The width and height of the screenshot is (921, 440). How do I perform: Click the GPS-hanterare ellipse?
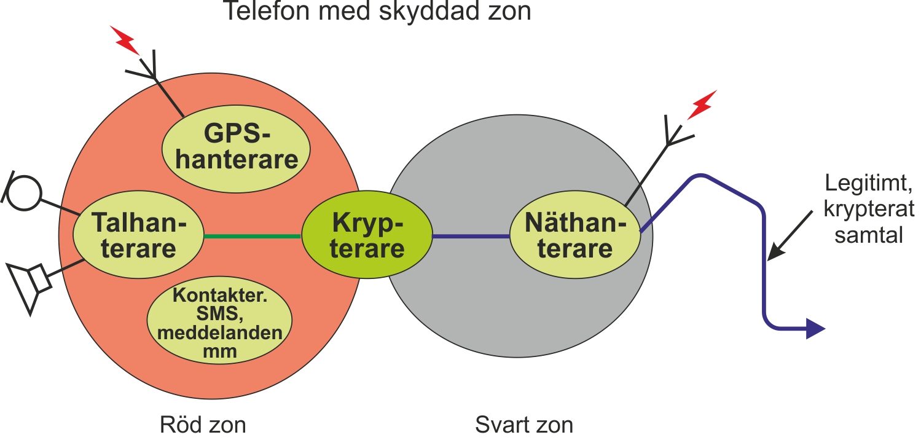236,149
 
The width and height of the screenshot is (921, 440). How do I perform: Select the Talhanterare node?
138,235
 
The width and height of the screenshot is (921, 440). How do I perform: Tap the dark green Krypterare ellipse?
367,235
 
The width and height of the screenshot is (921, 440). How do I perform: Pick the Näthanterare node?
575,235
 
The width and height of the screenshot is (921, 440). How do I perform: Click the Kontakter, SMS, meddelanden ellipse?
219,320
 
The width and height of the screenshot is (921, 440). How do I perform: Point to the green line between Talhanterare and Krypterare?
253,237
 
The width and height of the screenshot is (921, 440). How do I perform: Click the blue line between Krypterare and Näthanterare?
471,237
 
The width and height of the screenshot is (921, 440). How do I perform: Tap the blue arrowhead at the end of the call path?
815,329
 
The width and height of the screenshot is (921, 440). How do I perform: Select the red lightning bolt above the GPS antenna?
125,40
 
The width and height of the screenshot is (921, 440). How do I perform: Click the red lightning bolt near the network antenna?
702,104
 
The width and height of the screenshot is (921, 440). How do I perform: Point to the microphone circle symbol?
25,193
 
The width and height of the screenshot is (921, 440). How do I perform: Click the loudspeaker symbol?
29,287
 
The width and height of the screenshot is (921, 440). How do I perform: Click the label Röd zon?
203,425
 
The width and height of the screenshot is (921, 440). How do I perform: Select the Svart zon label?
524,425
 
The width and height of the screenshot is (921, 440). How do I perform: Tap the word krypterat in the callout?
869,210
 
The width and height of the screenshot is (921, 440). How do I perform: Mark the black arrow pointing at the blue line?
790,235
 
